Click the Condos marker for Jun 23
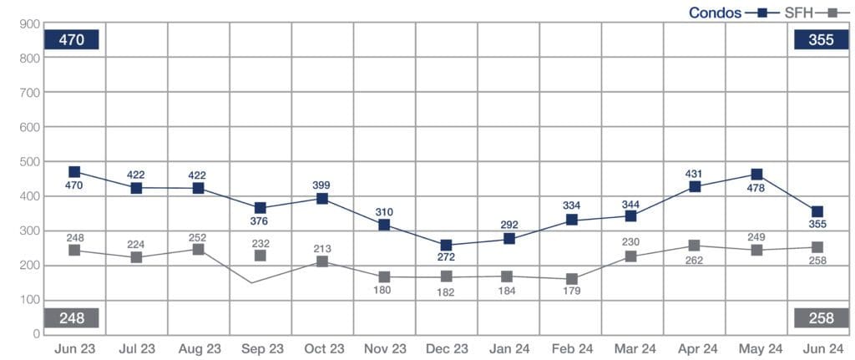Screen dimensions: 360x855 (x=74, y=172)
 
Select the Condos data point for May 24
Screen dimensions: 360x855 (x=756, y=175)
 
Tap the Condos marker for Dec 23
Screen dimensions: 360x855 (x=447, y=246)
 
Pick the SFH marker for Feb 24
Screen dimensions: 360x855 (x=571, y=279)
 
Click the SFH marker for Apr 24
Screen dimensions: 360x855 (x=695, y=246)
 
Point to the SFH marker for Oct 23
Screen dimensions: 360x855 (x=322, y=261)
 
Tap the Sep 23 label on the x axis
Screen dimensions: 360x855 (x=261, y=347)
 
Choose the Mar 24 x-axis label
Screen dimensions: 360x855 (x=633, y=347)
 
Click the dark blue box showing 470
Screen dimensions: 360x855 (x=73, y=39)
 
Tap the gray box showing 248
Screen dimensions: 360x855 (x=73, y=317)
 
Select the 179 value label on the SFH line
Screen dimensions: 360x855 (x=572, y=292)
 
